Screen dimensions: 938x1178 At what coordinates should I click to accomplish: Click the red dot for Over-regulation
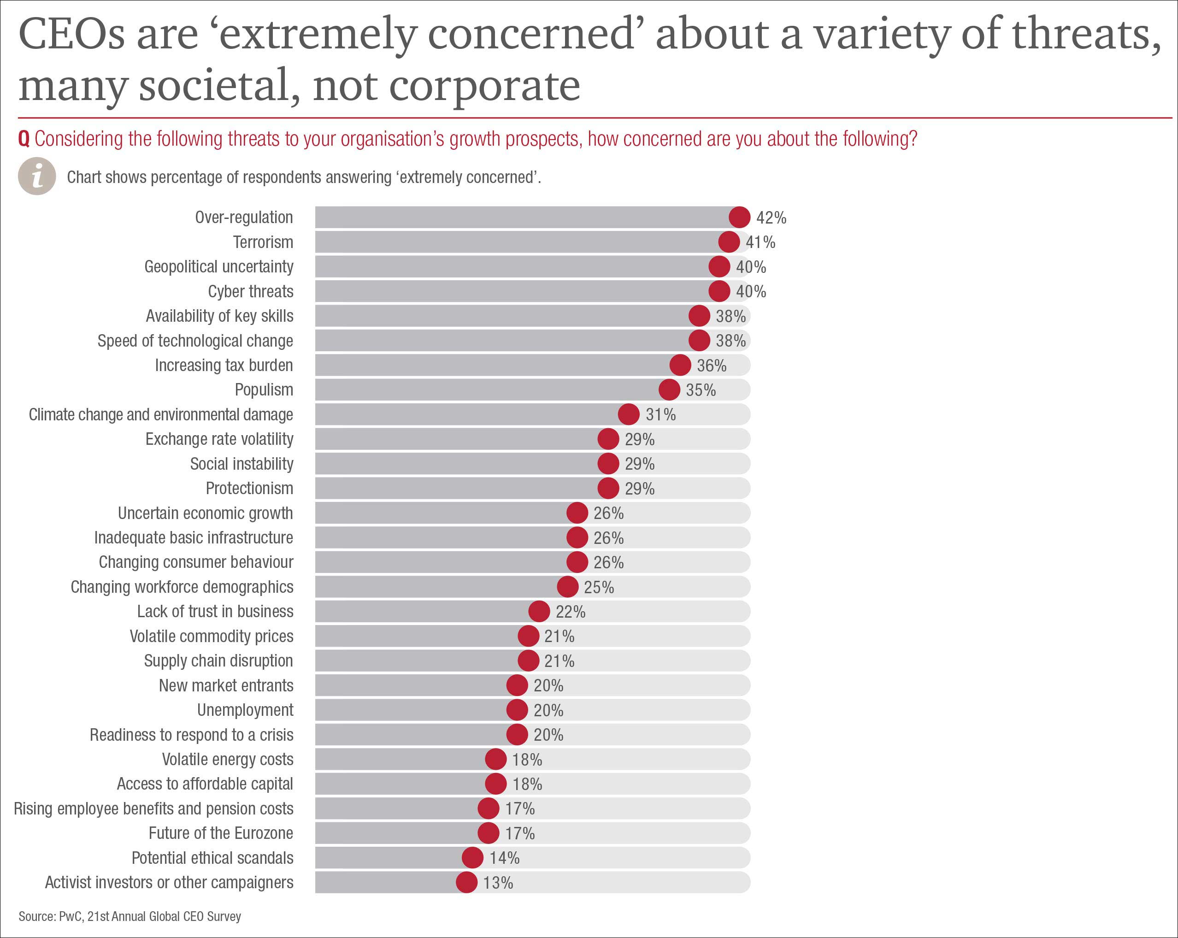[x=739, y=218]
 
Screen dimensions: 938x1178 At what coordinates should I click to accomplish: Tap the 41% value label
[x=760, y=242]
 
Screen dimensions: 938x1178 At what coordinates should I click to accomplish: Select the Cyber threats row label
[x=250, y=292]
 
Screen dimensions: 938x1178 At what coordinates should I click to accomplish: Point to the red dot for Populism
[x=669, y=390]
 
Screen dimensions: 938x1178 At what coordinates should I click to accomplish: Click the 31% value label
[x=660, y=415]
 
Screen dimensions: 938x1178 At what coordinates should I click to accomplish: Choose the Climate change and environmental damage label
[x=161, y=415]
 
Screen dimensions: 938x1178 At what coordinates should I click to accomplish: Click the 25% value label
[x=599, y=587]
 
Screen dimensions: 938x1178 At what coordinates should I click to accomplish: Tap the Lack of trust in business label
[x=215, y=611]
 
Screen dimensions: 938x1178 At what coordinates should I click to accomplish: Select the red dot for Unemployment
[x=517, y=710]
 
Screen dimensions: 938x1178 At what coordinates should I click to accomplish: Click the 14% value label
[x=504, y=858]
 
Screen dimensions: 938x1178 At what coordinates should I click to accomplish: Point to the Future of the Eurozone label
[x=221, y=833]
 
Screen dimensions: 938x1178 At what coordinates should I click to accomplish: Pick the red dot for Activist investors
[x=466, y=882]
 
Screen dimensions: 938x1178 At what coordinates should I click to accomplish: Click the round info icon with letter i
[x=37, y=177]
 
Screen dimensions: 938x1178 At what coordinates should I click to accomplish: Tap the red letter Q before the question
[x=24, y=139]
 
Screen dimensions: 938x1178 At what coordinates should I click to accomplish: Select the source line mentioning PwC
[x=130, y=916]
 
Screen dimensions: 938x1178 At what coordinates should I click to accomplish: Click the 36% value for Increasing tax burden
[x=712, y=366]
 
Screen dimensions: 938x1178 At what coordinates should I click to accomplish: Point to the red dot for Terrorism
[x=729, y=242]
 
